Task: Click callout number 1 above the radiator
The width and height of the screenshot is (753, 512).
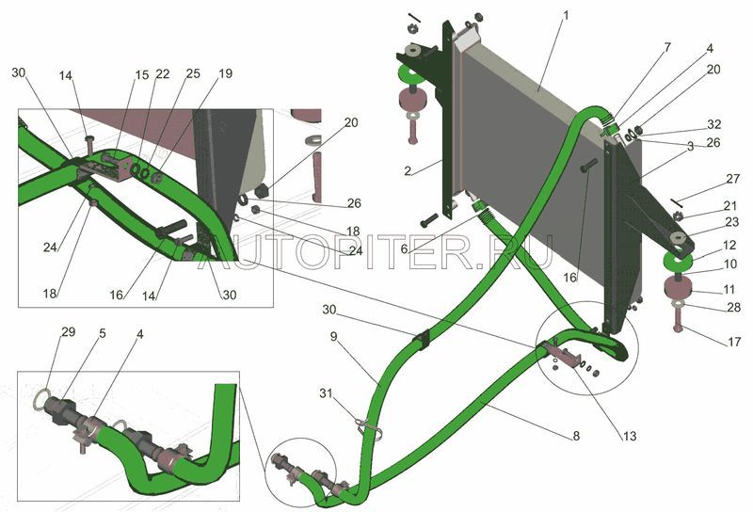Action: [x=566, y=15]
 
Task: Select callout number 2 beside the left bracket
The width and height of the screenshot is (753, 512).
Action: [x=408, y=171]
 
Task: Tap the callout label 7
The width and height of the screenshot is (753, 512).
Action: [x=667, y=47]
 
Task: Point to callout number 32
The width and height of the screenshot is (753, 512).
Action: [x=714, y=124]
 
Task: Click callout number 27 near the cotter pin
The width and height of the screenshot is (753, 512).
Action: [x=733, y=179]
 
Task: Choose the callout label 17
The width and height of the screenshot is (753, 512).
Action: [x=734, y=342]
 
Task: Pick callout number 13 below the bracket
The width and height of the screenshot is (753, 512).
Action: [x=629, y=436]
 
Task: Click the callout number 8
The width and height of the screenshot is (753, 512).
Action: [x=576, y=436]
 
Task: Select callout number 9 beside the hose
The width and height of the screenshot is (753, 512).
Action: [x=334, y=337]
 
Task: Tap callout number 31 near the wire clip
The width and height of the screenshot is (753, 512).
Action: [x=326, y=392]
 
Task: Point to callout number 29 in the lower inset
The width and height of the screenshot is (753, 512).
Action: [x=69, y=331]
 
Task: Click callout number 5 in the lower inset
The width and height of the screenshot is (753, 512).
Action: [x=103, y=333]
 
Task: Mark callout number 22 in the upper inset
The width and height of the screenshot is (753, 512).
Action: [x=162, y=74]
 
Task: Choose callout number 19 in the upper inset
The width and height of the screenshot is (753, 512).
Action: [x=225, y=73]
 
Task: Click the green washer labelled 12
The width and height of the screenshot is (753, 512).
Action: [x=678, y=261]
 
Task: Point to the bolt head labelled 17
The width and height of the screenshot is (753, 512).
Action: [x=678, y=329]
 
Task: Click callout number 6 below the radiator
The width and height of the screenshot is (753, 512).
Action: [x=405, y=249]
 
